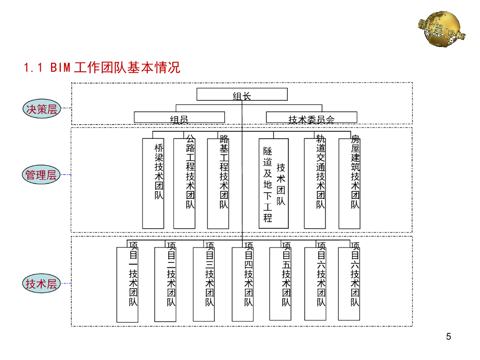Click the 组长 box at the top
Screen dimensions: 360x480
point(242,94)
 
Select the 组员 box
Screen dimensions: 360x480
point(180,118)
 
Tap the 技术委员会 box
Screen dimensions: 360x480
point(311,118)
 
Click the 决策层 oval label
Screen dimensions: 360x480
point(41,109)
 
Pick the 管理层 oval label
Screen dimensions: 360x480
point(41,175)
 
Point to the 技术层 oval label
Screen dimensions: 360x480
point(41,284)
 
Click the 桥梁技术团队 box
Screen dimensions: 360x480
point(153,183)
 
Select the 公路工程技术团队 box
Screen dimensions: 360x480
point(184,183)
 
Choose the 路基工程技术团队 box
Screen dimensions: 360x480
point(218,183)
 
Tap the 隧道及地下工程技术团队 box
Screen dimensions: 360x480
point(274,183)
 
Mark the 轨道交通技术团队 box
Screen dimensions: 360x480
point(315,183)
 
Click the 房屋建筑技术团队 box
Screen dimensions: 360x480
point(350,183)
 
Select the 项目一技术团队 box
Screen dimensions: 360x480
point(127,284)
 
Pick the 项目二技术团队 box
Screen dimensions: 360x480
point(165,284)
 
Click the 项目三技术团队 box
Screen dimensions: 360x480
point(204,284)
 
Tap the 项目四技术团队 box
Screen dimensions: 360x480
point(243,284)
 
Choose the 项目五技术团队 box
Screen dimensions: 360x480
point(280,284)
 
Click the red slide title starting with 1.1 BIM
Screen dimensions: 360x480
point(102,68)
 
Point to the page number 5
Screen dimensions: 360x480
point(449,337)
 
